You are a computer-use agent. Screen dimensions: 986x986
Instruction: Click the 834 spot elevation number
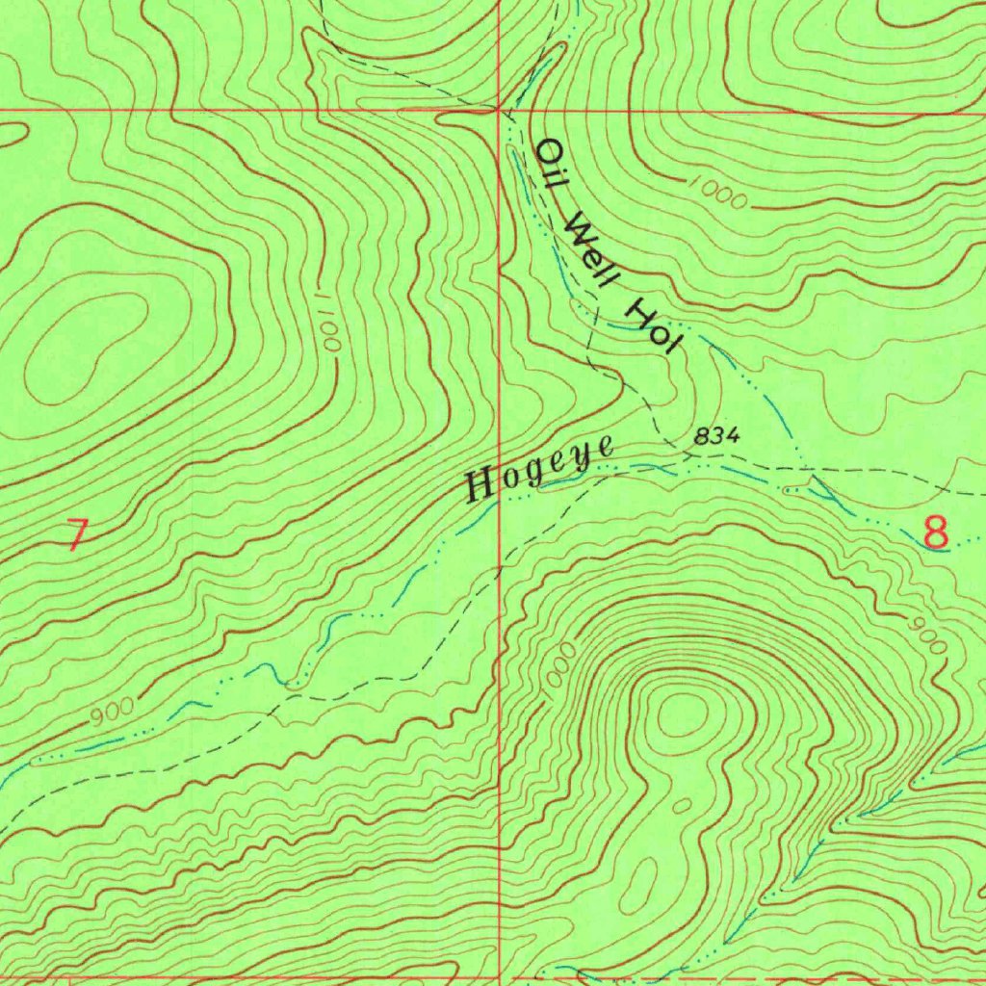pyautogui.click(x=717, y=436)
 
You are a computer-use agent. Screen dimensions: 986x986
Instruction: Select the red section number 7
pyautogui.click(x=77, y=535)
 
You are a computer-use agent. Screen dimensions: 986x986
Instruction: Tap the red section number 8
pyautogui.click(x=935, y=532)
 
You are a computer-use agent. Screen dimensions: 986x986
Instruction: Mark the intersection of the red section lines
pyautogui.click(x=500, y=110)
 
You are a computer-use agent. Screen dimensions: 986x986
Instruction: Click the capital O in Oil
pyautogui.click(x=549, y=151)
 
